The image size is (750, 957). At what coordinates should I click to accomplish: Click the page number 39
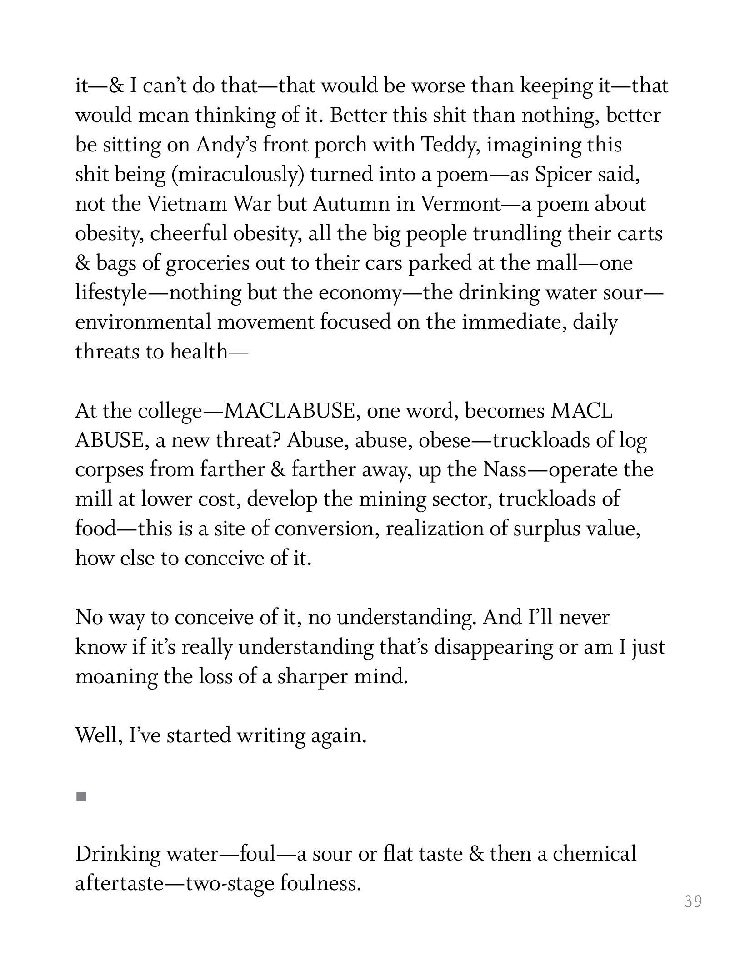pyautogui.click(x=693, y=901)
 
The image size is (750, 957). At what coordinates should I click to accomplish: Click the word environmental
pyautogui.click(x=143, y=322)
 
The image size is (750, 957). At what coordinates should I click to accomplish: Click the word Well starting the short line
pyautogui.click(x=98, y=735)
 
